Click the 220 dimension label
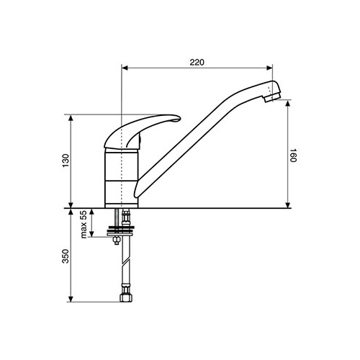pos(197,63)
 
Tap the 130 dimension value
pos(66,161)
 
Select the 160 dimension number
pos(293,156)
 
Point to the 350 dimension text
pos(66,256)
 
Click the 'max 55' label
pos(84,225)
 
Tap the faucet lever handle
pos(142,131)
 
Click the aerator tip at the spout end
pos(273,98)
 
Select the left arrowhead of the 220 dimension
pos(125,68)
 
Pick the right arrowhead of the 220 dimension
pos(269,68)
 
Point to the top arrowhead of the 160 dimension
pos(288,103)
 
